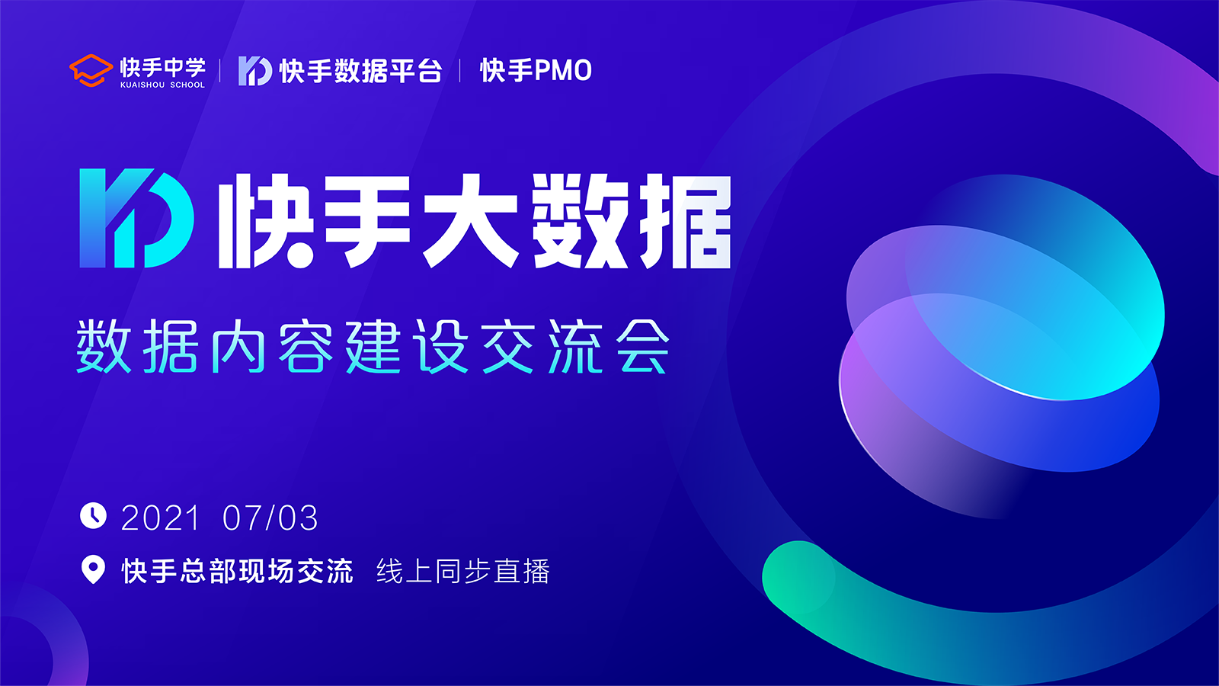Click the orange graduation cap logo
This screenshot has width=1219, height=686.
coord(91,70)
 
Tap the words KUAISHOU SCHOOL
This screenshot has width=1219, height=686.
coord(163,85)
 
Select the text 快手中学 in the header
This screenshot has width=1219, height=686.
coord(163,68)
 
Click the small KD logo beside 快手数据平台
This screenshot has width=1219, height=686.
coord(255,71)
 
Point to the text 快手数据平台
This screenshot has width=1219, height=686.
coord(361,71)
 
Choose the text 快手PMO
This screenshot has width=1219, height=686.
coord(536,71)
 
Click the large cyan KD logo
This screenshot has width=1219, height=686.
coord(137,218)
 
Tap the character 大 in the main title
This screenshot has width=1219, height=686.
coord(471,221)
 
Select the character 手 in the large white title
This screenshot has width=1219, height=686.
coord(366,221)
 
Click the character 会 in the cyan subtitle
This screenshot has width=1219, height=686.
coord(643,346)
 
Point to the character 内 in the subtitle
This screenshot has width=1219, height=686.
coord(238,346)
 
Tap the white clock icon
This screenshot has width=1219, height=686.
coord(94,515)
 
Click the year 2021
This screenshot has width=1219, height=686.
coord(161,518)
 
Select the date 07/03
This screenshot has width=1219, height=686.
coord(270,518)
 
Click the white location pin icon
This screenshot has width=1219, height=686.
coord(93,569)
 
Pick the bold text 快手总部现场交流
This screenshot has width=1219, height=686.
coord(237,571)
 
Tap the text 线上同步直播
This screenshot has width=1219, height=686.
coord(463,571)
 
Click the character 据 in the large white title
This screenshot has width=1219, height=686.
coord(685,221)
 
